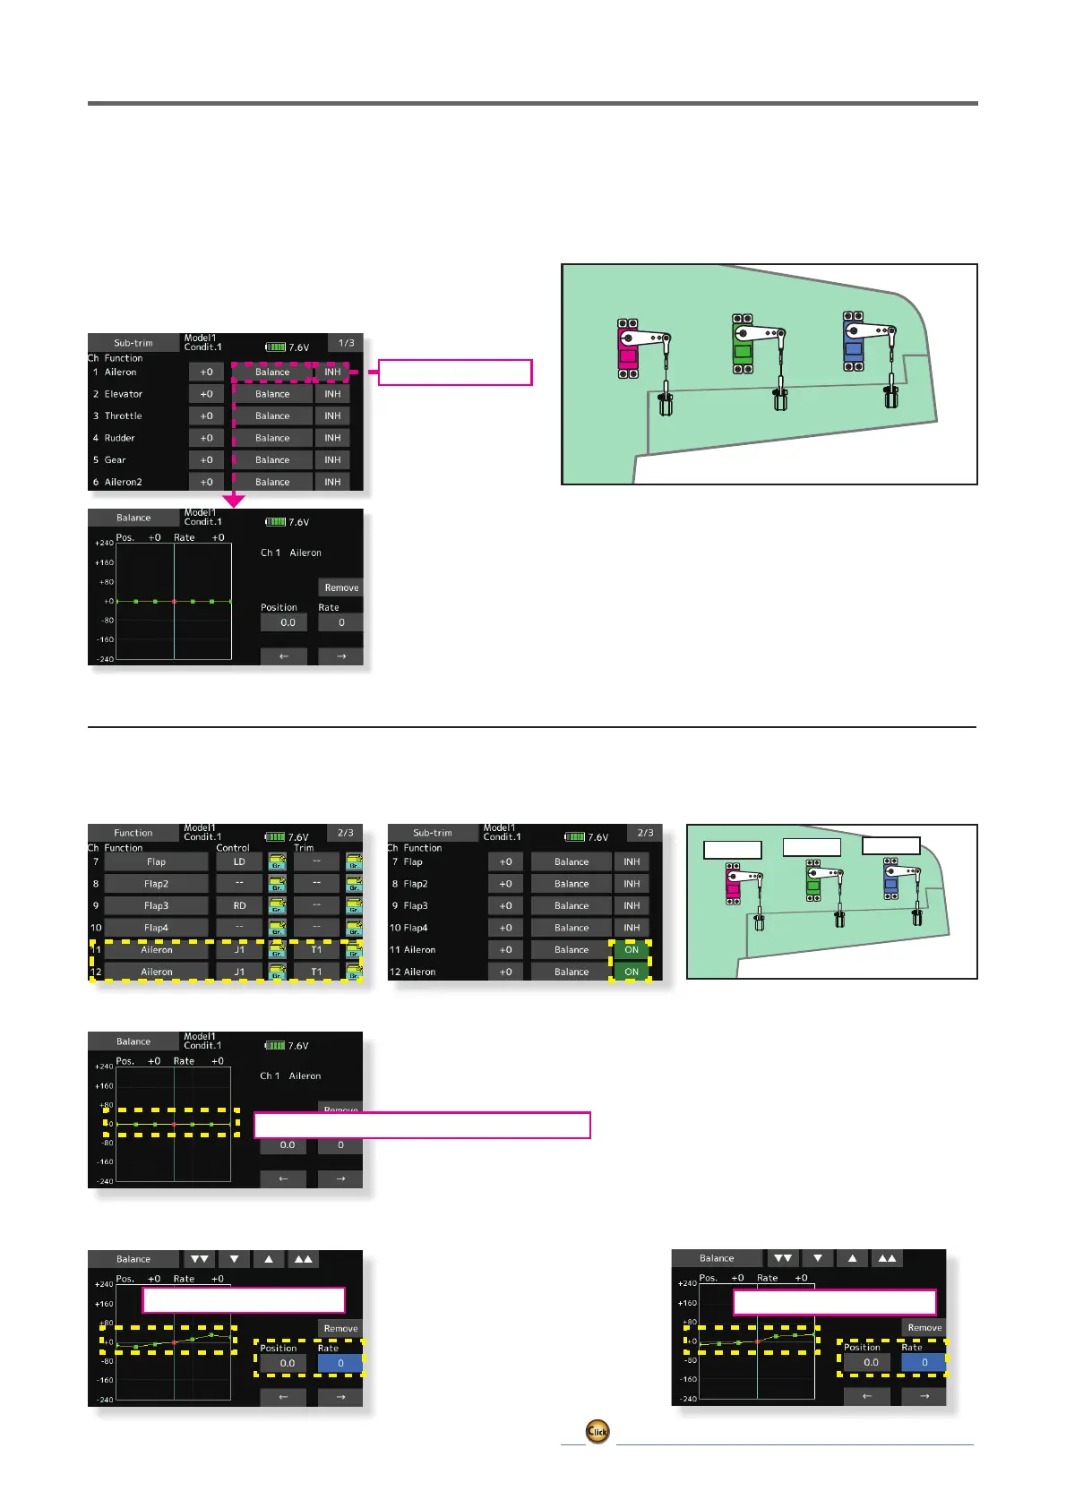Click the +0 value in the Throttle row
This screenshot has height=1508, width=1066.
[x=206, y=416]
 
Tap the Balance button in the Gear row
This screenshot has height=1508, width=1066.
[x=272, y=459]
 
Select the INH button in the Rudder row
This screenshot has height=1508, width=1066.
[x=332, y=438]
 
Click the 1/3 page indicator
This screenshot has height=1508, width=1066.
[x=346, y=343]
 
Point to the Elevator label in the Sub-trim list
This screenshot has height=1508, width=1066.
[x=124, y=394]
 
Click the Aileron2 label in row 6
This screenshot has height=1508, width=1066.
[x=124, y=482]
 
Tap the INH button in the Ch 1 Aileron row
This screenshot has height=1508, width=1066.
[x=332, y=372]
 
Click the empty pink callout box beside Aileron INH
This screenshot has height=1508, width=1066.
[x=455, y=372]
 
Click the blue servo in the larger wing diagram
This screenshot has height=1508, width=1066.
[x=854, y=341]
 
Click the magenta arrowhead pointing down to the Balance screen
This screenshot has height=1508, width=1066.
[x=234, y=501]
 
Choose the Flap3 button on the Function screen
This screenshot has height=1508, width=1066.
[x=157, y=905]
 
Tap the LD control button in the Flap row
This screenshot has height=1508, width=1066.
[x=239, y=861]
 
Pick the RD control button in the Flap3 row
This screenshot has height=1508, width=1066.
[x=239, y=905]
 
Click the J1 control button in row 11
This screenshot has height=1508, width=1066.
[x=239, y=949]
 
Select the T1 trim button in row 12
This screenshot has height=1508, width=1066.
[x=316, y=972]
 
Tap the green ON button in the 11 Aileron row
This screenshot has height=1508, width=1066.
[x=632, y=949]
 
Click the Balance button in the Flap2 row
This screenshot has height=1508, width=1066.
[x=572, y=884]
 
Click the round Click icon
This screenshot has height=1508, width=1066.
[x=597, y=1431]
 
